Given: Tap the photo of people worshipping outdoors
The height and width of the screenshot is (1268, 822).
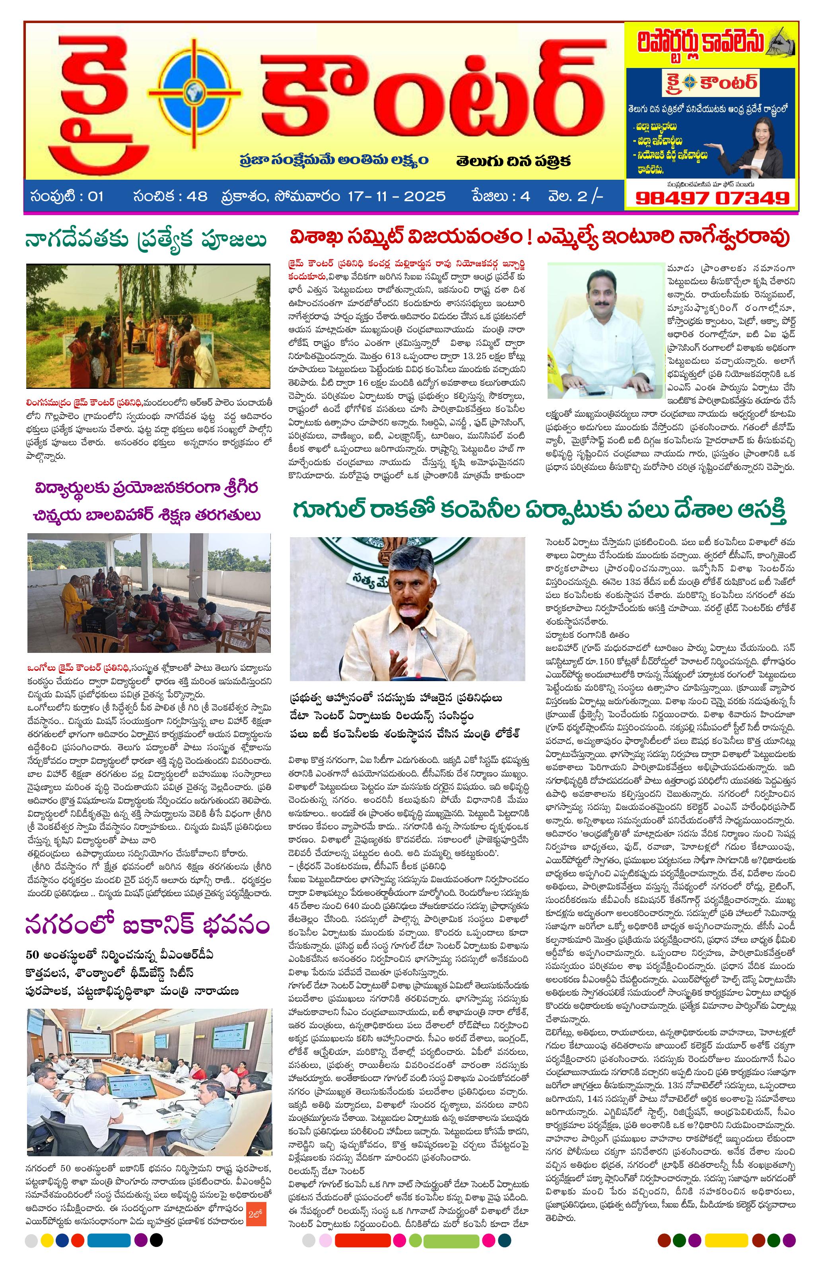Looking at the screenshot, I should (x=148, y=326).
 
